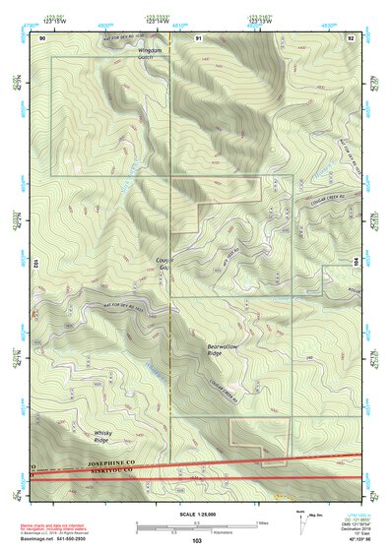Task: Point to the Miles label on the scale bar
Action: click(x=262, y=521)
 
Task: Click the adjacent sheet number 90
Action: click(x=42, y=36)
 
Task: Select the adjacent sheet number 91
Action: click(x=198, y=36)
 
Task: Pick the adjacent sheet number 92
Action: click(x=351, y=36)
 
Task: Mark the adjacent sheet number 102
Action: click(x=33, y=266)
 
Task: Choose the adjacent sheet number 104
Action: click(x=357, y=263)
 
